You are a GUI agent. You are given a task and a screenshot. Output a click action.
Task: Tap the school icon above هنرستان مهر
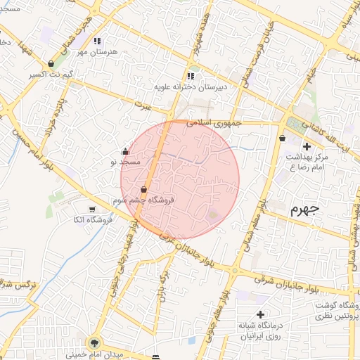97,41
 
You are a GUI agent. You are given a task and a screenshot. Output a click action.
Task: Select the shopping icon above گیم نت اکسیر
51,63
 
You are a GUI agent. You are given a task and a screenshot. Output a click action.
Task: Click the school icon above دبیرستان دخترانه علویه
190,76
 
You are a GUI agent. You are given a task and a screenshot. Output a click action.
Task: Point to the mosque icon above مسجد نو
125,151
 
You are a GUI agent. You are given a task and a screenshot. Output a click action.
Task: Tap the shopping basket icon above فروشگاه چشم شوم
144,189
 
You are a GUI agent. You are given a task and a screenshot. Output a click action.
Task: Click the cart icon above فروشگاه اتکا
92,209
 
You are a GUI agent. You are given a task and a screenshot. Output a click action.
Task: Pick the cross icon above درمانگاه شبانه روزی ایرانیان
260,314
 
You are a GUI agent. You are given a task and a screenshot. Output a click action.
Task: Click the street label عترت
145,105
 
